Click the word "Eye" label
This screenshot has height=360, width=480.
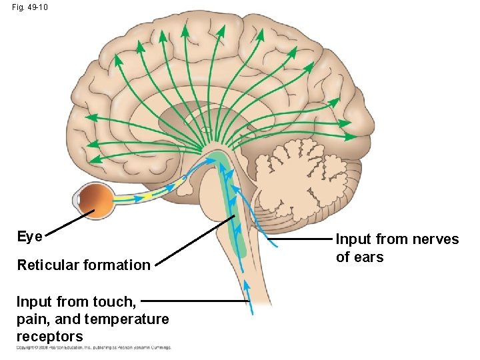pos(29,237)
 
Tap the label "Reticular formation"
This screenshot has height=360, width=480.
pos(84,265)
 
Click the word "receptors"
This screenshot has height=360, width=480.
pos(50,337)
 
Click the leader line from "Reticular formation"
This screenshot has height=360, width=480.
pos(193,241)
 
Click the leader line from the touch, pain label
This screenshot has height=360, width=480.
pos(193,301)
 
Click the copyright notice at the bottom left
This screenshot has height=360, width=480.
pos(93,347)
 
